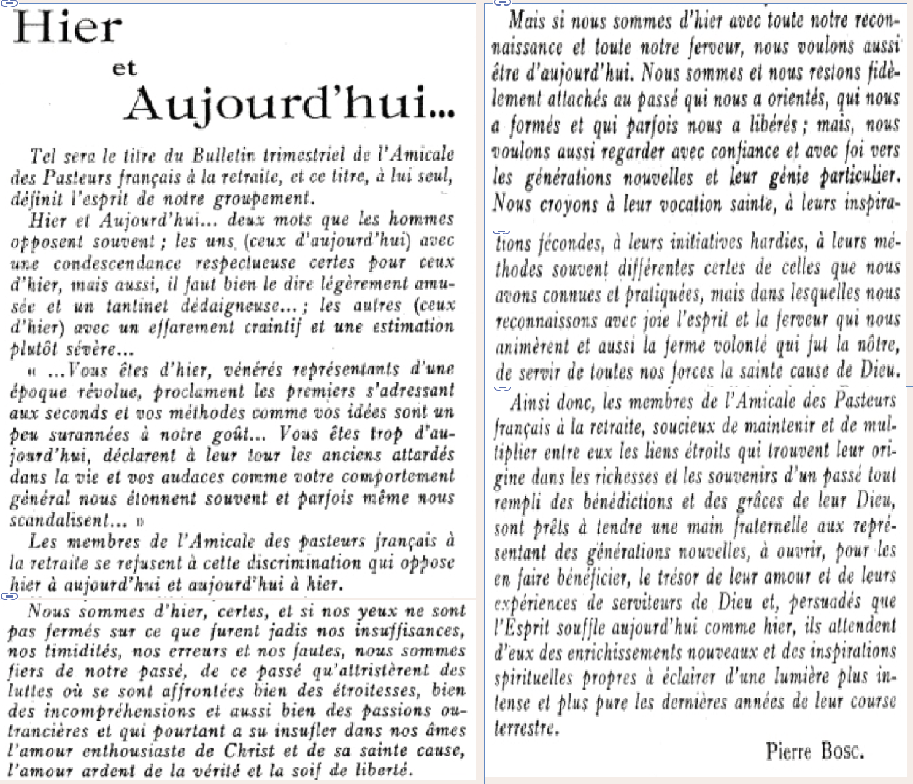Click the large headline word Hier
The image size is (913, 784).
[x=67, y=28]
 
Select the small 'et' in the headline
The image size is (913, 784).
[x=124, y=67]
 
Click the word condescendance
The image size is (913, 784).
[x=117, y=263]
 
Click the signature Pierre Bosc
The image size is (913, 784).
[x=814, y=751]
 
